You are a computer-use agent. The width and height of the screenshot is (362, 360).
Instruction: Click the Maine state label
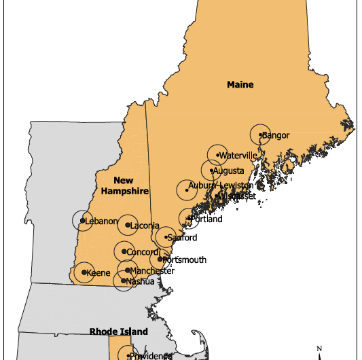pos(240,85)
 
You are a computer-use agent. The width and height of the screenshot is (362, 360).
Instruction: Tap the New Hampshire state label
pos(124,185)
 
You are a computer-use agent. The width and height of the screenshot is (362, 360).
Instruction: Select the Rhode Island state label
pos(118,331)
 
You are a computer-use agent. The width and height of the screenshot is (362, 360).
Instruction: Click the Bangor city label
pos(276,135)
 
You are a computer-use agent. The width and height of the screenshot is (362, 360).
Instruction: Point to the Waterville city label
pos(238,156)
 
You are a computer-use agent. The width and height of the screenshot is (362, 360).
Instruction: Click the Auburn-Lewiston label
pos(221,185)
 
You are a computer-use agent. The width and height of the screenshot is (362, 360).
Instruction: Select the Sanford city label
pos(183,238)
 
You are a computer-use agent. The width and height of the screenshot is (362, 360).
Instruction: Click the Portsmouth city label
pos(184,259)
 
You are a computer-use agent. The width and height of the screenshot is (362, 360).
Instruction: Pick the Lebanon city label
pos(101,221)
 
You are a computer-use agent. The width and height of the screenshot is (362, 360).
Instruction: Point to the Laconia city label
pos(145,226)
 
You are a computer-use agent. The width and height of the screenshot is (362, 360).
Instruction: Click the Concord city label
pos(142,253)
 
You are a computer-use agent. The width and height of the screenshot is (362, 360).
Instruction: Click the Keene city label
pos(99,273)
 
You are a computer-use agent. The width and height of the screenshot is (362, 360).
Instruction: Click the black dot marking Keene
pos(84,272)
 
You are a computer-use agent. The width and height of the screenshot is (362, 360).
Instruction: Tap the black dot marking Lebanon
pos(82,220)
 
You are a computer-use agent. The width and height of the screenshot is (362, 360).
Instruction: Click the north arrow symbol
pos(319,351)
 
